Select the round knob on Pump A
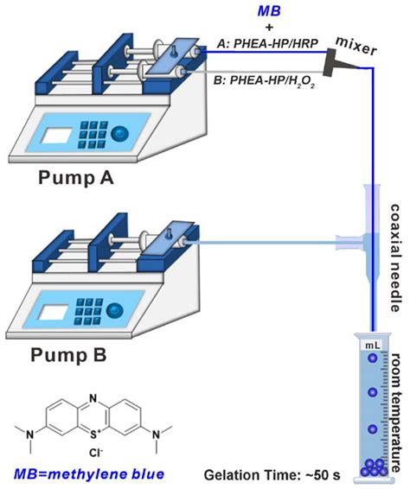coord(120,131)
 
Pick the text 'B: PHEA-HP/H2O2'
coord(259,83)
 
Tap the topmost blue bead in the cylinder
coord(372,360)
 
